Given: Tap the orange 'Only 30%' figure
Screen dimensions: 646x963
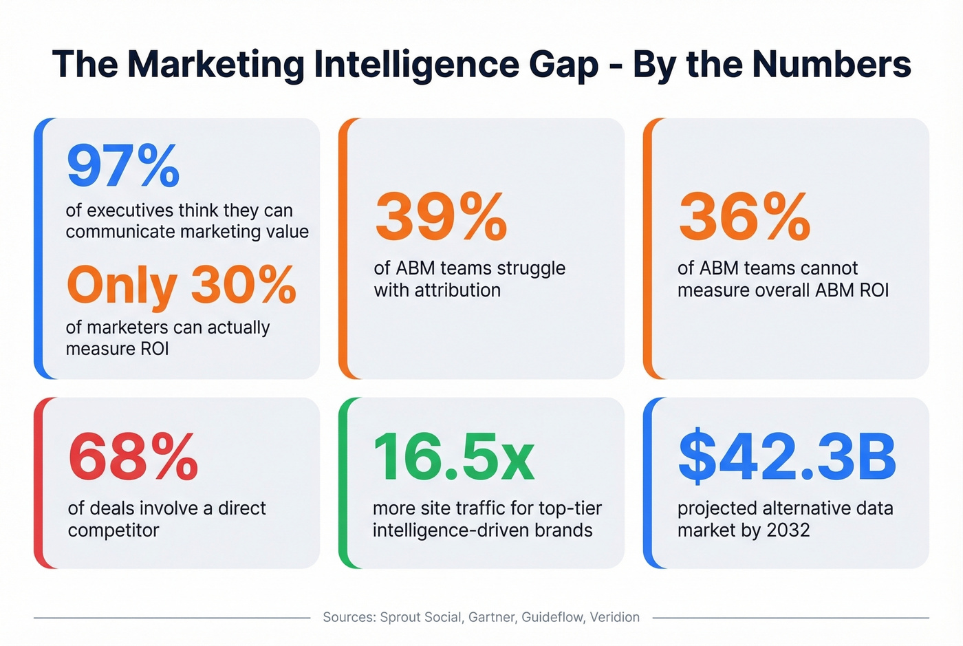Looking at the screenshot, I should point(182,285).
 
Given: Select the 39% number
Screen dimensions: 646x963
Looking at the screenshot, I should point(441,217).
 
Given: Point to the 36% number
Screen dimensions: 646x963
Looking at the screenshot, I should point(744,217).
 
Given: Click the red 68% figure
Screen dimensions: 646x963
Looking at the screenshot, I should point(133,457).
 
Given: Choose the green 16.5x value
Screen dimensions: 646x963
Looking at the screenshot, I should point(453,457).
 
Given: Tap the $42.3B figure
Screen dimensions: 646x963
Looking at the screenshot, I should point(787,457).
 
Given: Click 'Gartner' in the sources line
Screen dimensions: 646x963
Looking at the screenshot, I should point(491,617).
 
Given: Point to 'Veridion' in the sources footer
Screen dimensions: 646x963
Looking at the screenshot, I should point(614,617).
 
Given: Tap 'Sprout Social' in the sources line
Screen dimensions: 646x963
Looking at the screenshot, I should point(420,617).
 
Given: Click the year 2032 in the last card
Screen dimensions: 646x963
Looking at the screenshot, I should point(788,530).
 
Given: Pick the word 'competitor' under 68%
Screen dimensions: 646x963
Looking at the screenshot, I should point(113,530).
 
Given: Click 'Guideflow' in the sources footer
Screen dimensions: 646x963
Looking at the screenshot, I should point(552,617).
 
